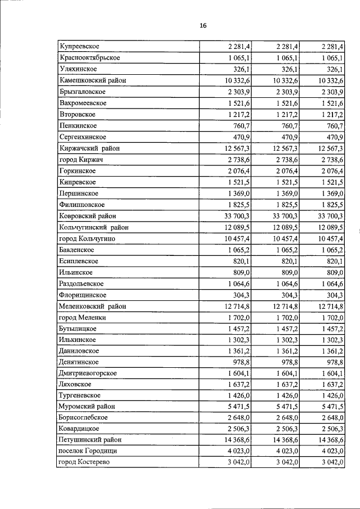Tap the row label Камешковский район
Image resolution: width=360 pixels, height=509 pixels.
[x=92, y=80]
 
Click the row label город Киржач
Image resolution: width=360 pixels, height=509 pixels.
[x=80, y=160]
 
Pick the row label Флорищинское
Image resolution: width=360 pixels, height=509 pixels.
[x=83, y=295]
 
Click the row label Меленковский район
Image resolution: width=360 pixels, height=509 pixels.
[x=92, y=307]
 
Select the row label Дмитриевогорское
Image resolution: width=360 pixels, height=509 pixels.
[x=88, y=374]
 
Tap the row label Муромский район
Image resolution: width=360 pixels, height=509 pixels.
[x=87, y=406]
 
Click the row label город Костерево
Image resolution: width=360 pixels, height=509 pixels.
[x=84, y=462]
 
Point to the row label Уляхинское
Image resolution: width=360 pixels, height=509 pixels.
[x=78, y=69]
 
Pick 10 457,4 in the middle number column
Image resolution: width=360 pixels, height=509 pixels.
[x=285, y=238]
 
